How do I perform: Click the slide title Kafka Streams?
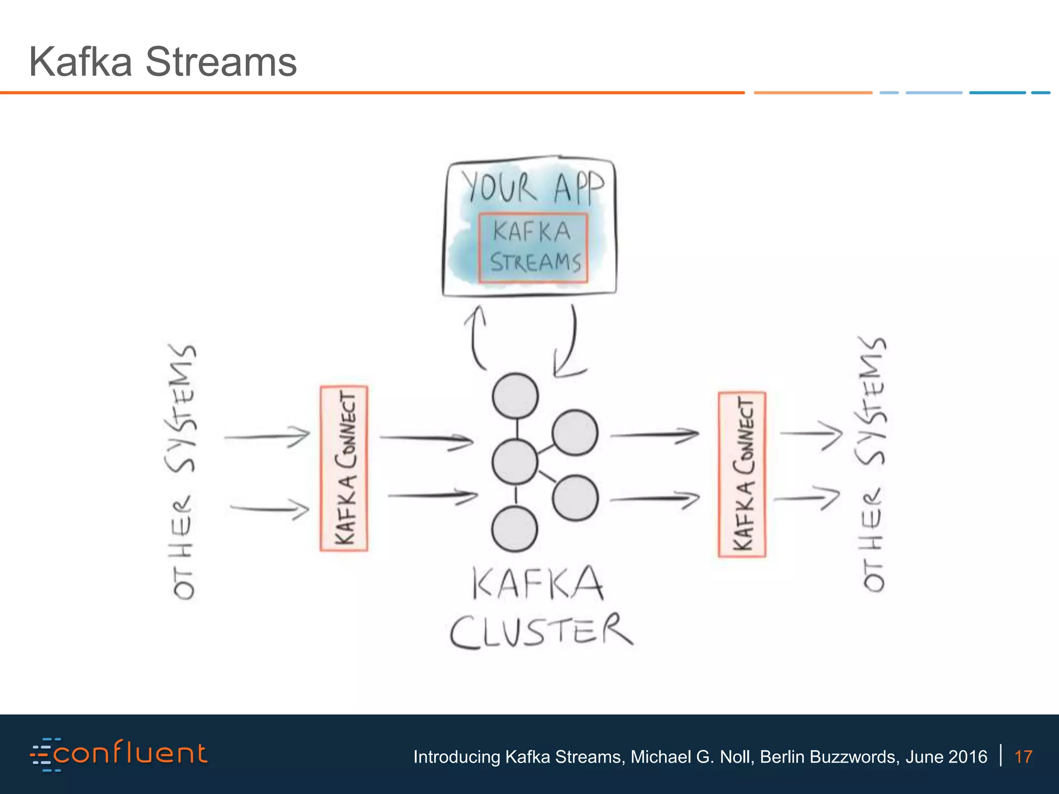coord(163,62)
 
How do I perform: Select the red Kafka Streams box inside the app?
coord(533,248)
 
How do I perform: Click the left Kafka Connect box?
coord(344,468)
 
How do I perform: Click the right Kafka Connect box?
coord(742,475)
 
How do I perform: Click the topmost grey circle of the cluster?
coord(515,396)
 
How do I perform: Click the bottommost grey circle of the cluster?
coord(515,529)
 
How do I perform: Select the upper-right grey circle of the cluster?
coord(574,432)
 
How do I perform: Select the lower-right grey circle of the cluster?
coord(575,498)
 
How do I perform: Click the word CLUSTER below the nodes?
coord(540,631)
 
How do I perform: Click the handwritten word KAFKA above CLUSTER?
coord(538,584)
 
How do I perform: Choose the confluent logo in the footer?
coord(119,754)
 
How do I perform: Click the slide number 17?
coord(1023,757)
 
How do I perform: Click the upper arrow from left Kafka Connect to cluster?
coord(426,439)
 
